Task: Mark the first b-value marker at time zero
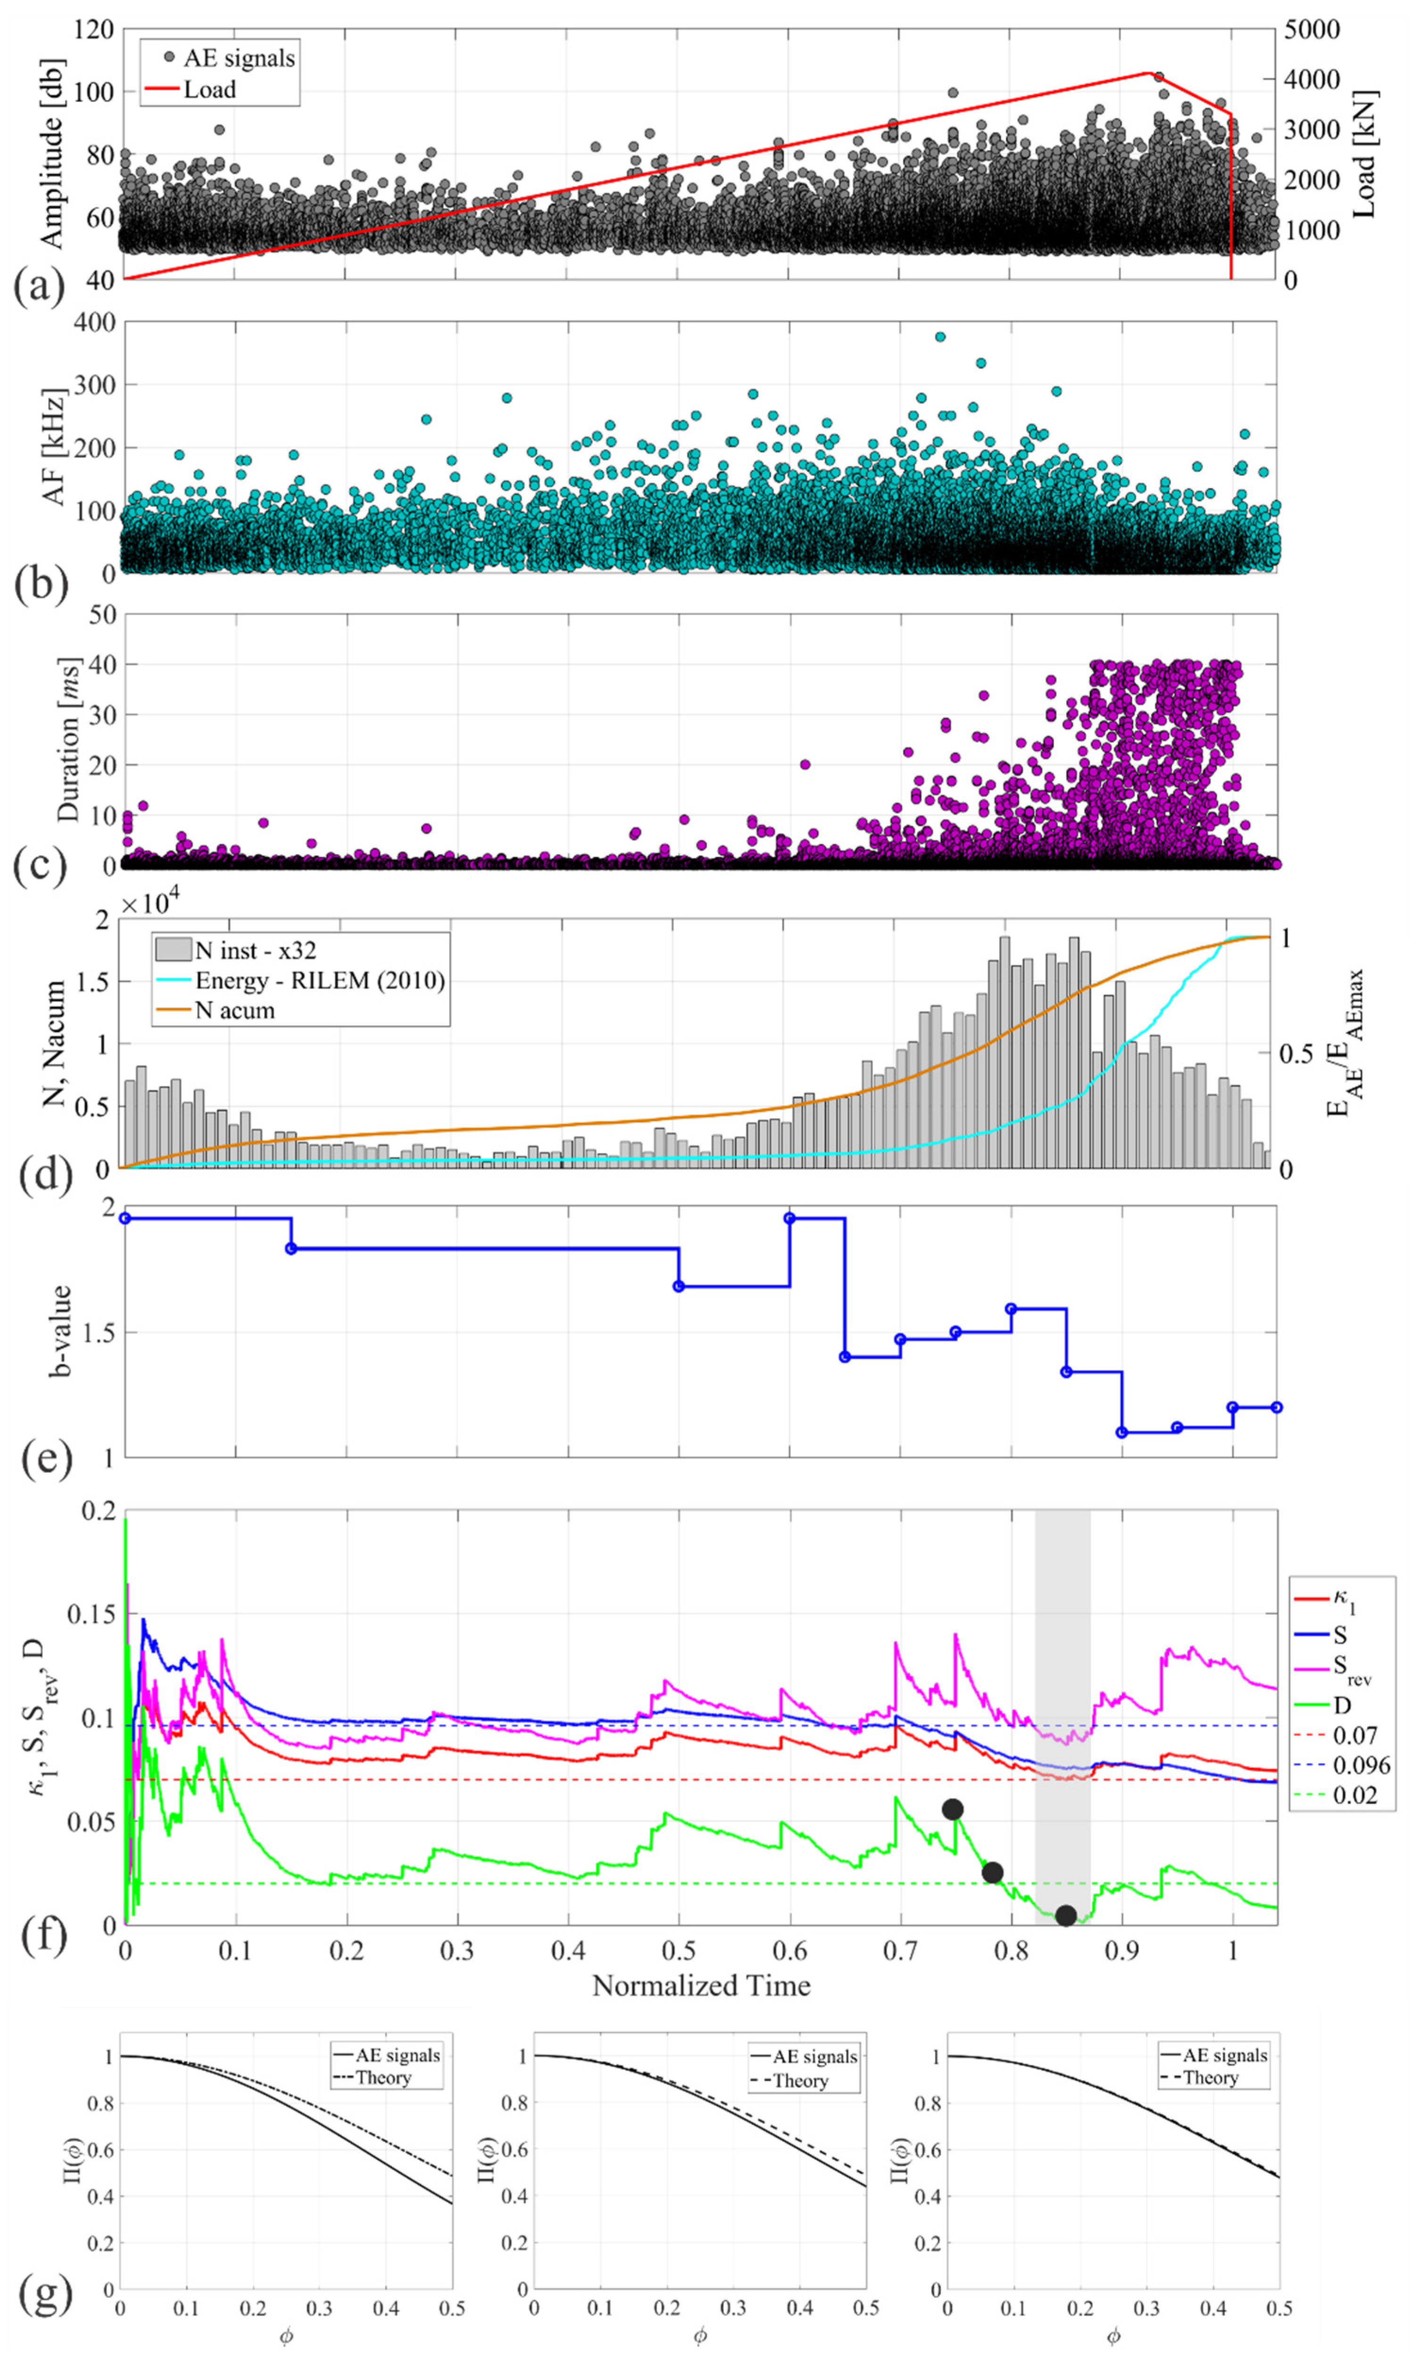[124, 1218]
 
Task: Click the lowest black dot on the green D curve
[1066, 1915]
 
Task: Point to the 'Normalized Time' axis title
[701, 1985]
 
